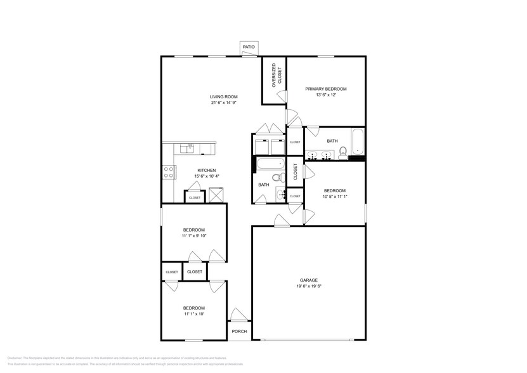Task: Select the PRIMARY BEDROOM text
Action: (x=326, y=89)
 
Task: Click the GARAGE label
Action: (x=309, y=280)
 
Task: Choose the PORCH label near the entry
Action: (x=239, y=331)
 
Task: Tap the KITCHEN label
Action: (x=207, y=170)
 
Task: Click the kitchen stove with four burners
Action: (x=169, y=170)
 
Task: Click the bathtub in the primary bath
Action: (x=358, y=142)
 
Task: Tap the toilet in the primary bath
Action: (x=342, y=152)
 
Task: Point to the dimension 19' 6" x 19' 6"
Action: (x=309, y=286)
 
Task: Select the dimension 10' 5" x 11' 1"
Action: (x=334, y=197)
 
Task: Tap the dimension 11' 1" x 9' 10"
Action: (x=194, y=235)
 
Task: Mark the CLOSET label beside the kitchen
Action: (x=194, y=197)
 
